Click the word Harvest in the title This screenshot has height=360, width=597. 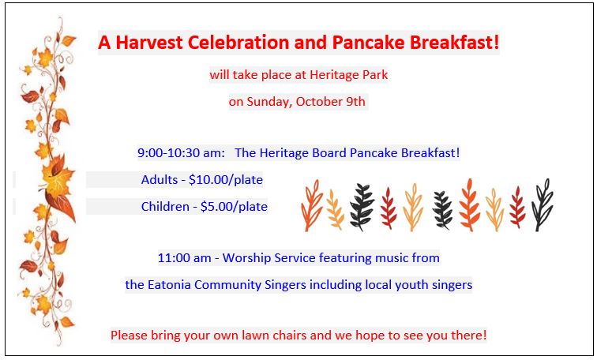[149, 42]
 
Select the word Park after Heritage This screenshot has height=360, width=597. [375, 74]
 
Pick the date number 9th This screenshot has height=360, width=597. [355, 102]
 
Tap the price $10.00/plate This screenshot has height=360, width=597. [226, 180]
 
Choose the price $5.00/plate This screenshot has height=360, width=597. [234, 207]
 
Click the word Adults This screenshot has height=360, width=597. [160, 180]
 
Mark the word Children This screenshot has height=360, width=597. [165, 207]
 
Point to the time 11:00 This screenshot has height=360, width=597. [174, 258]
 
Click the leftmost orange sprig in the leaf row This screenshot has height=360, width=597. [311, 205]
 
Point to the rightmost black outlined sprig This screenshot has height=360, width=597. [543, 204]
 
